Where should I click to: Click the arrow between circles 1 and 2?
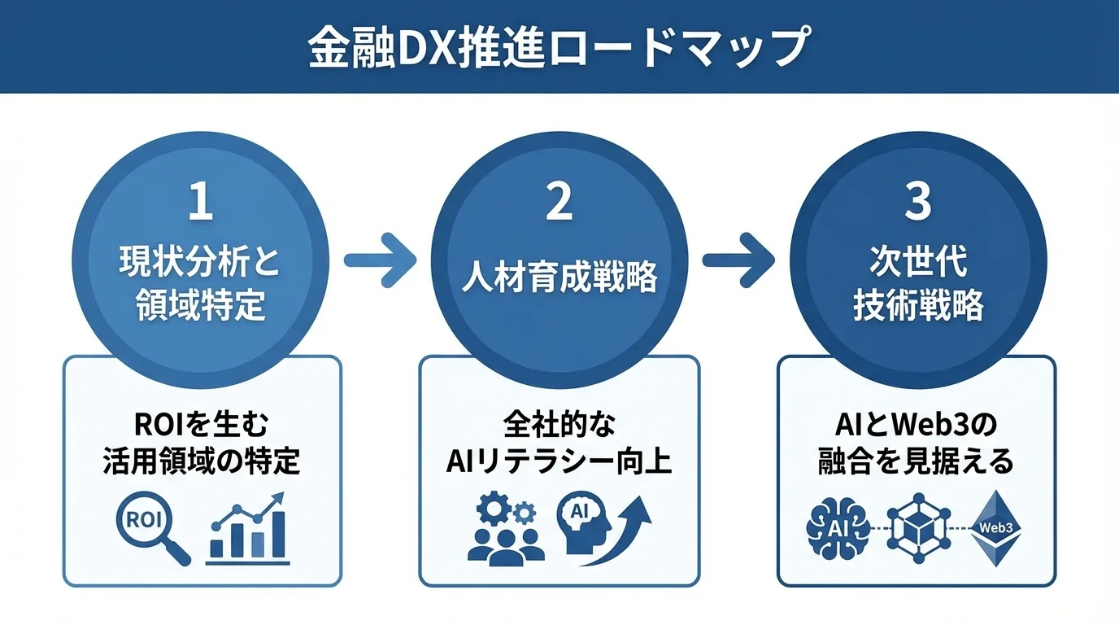tap(380, 260)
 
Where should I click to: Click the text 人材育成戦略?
tap(559, 278)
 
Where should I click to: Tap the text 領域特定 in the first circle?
tap(201, 306)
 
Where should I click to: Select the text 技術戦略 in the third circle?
tap(918, 306)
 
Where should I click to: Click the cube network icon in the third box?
tap(918, 527)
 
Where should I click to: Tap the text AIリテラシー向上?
tap(559, 461)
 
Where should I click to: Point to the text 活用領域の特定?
tap(202, 461)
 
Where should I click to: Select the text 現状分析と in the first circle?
tap(200, 263)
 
